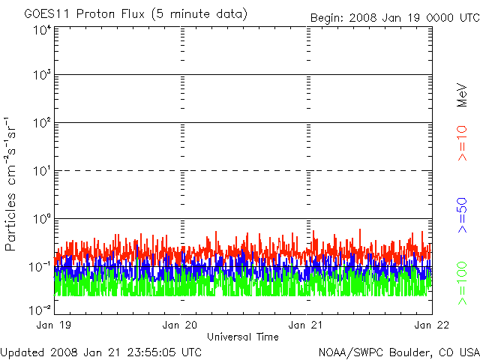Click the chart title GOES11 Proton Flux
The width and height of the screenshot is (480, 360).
point(84,13)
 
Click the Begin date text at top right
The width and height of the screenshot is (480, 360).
point(395,18)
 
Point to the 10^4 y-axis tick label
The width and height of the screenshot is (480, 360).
point(42,30)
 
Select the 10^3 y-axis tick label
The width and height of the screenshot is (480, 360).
point(42,74)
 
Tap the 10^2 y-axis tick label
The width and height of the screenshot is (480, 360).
point(42,123)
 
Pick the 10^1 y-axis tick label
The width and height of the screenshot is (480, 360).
point(42,171)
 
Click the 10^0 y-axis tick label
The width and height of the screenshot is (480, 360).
point(42,219)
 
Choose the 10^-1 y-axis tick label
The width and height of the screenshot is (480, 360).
point(40,267)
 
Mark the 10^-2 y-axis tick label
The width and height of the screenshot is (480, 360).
point(40,310)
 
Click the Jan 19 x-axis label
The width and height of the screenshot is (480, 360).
point(54,325)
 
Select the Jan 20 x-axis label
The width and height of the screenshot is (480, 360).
point(180,325)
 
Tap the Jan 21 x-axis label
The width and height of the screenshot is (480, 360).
point(305,325)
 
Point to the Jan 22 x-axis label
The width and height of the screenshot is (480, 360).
point(432,325)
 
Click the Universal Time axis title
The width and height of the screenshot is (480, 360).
point(243,337)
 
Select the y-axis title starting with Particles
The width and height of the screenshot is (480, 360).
point(10,184)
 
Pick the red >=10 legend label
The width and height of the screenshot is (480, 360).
point(462,143)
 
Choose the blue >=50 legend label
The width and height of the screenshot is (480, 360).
point(462,215)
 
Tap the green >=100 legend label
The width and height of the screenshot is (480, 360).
point(462,283)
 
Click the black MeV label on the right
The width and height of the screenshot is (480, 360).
point(462,95)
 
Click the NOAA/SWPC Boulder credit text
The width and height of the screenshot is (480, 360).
point(399,352)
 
